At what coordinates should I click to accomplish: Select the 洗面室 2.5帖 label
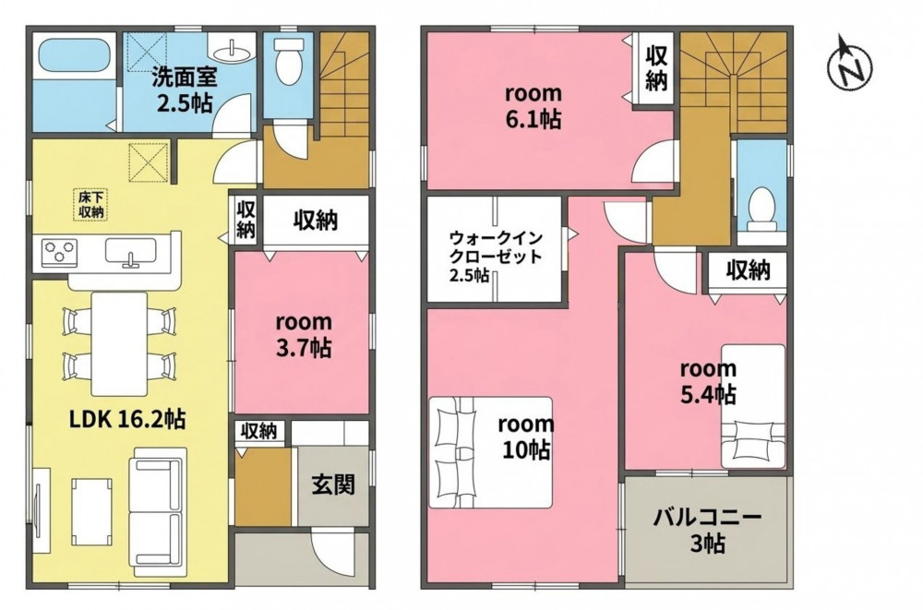pos(185,90)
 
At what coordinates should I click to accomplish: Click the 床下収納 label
pos(91,204)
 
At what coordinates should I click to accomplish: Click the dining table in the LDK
pos(119,344)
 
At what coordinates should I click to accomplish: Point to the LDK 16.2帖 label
pos(127,419)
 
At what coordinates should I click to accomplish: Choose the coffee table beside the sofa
pos(91,512)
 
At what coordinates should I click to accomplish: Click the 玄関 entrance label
pos(333,484)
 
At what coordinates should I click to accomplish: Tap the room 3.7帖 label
pos(304,335)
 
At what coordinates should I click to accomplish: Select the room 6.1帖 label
pos(533,106)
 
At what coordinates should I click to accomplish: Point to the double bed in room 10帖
pos(491,452)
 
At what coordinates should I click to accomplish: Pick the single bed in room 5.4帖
pos(753,406)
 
